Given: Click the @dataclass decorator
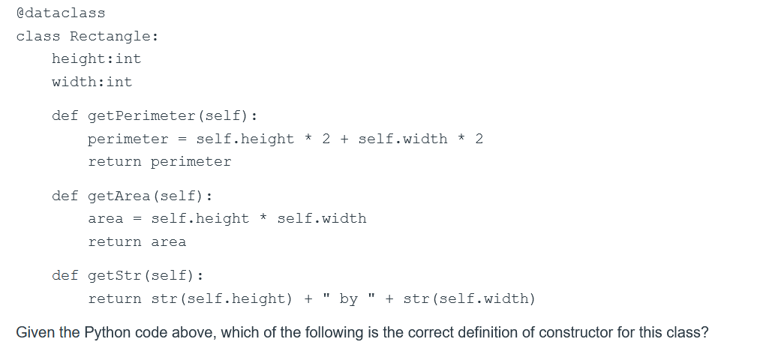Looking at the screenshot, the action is (x=61, y=13).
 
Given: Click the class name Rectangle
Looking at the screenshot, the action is (x=114, y=36).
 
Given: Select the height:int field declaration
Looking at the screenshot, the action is (x=96, y=58).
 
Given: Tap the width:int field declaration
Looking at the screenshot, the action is (x=92, y=82).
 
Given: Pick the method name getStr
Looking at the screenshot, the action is (x=115, y=275).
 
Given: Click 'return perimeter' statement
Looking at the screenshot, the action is (x=160, y=161).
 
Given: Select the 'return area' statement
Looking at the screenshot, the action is (x=137, y=241).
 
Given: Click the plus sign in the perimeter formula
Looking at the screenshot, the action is (x=344, y=139).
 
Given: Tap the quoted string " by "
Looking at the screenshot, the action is (x=349, y=298).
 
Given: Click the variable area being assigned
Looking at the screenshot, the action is (x=105, y=218).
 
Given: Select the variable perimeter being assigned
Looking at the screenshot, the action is (x=128, y=139).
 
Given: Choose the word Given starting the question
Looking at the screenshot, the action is (x=35, y=332).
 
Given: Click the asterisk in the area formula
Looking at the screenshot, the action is (x=263, y=219).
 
